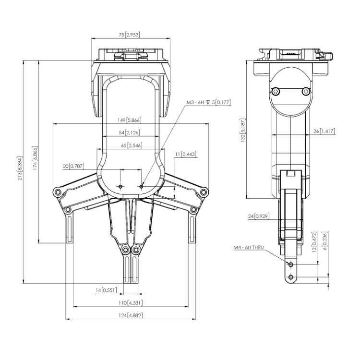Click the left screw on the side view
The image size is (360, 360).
(x=275, y=91)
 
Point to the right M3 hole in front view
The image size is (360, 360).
(x=142, y=186)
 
